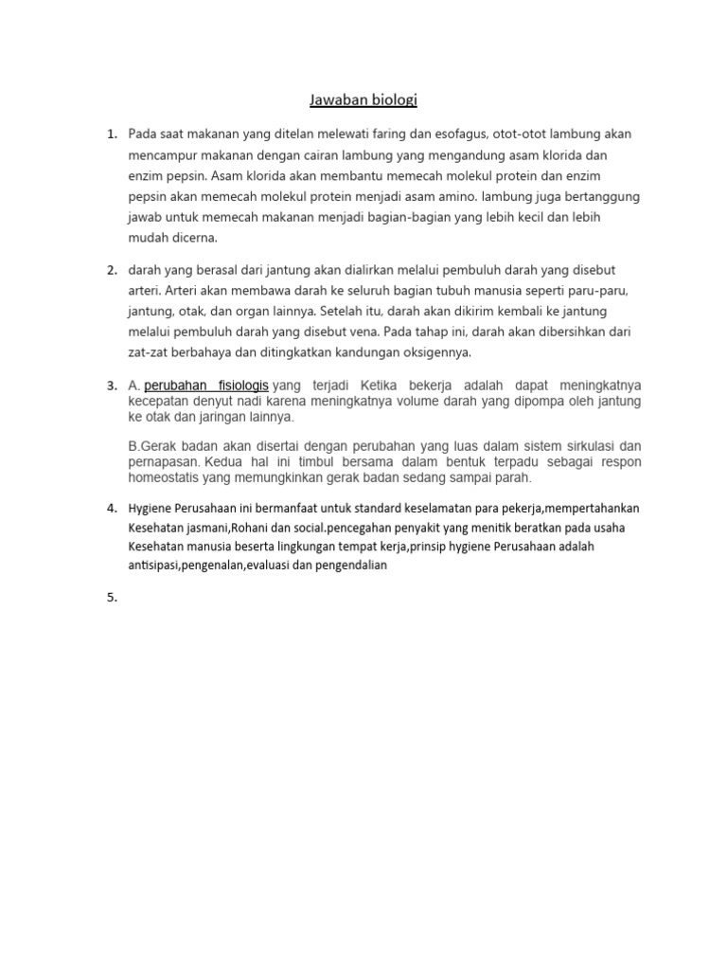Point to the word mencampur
click(x=162, y=155)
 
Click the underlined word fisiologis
click(x=240, y=386)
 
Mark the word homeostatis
click(x=166, y=477)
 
